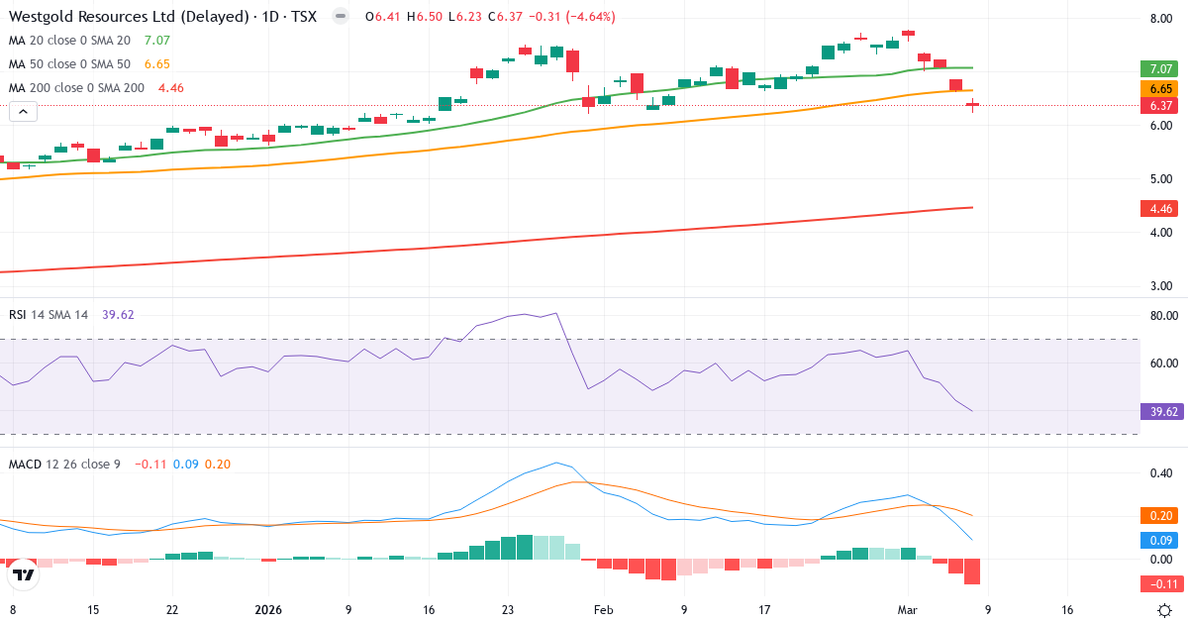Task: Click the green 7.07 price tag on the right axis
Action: pyautogui.click(x=1161, y=69)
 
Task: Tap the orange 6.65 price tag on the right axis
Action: pyautogui.click(x=1161, y=88)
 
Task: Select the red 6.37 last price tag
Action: pyautogui.click(x=1161, y=106)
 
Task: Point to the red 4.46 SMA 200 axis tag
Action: pyautogui.click(x=1161, y=209)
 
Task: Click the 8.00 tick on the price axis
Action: pyautogui.click(x=1161, y=19)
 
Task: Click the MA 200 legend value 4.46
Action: pyautogui.click(x=171, y=88)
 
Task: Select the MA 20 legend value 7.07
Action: pyautogui.click(x=157, y=41)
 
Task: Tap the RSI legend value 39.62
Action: pyautogui.click(x=118, y=315)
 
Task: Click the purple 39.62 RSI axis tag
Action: pyautogui.click(x=1161, y=411)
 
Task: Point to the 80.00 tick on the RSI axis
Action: pyautogui.click(x=1161, y=316)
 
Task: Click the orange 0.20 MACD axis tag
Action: pyautogui.click(x=1161, y=515)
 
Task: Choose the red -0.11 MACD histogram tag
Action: pyautogui.click(x=1161, y=583)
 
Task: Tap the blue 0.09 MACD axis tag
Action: pyautogui.click(x=1161, y=540)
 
